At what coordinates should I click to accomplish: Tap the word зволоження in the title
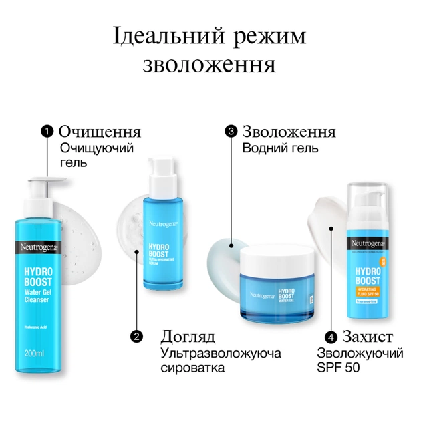pos(210,65)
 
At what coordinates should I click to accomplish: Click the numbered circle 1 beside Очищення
pos(47,132)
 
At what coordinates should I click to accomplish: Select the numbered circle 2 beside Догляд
pos(137,336)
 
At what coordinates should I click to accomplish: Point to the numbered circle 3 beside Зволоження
pos(231,132)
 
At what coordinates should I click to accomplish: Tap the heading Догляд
pos(188,335)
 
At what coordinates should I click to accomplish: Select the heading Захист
pos(365,335)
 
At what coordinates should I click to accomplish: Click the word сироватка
pos(194,367)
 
